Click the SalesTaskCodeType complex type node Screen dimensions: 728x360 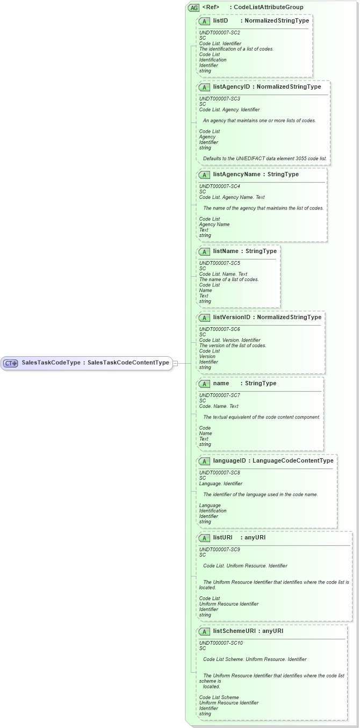coord(86,363)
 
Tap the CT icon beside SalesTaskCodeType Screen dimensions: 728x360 coord(11,363)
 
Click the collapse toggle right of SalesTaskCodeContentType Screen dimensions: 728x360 coord(175,363)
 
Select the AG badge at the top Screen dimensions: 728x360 coord(193,8)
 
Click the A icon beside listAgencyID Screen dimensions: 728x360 coord(204,87)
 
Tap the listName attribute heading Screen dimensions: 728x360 coord(244,251)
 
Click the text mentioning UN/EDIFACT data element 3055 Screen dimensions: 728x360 coord(264,159)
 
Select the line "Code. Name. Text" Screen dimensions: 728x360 coord(219,407)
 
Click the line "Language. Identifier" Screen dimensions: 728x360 coord(220,484)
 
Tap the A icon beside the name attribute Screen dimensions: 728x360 coord(204,384)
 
